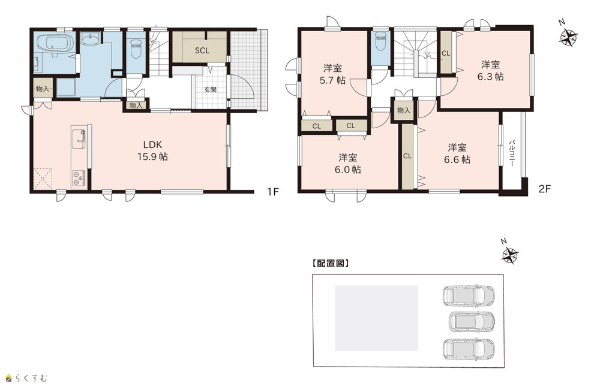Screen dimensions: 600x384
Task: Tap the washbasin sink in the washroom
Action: click(91, 38)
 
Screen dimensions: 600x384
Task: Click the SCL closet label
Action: click(202, 50)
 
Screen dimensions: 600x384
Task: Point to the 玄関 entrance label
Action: click(210, 90)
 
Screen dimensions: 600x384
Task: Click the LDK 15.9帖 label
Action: click(152, 150)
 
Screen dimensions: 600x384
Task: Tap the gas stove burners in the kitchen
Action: click(79, 178)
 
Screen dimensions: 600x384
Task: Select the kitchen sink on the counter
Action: click(80, 137)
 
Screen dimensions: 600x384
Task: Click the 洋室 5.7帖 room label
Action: click(332, 74)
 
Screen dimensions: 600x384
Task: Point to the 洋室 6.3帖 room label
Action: click(490, 70)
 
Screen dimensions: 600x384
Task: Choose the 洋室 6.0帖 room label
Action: click(347, 163)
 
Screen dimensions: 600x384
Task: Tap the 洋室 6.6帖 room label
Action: click(457, 153)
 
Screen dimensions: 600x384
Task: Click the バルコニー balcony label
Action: click(512, 152)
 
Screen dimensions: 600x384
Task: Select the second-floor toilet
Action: click(381, 42)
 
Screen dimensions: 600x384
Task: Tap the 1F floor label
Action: click(272, 191)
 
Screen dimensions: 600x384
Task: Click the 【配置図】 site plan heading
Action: click(330, 263)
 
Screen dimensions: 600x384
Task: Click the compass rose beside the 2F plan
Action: click(568, 36)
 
